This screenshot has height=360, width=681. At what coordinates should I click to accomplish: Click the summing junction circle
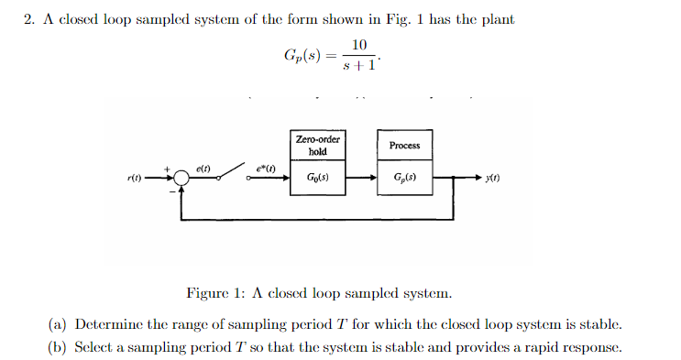coord(182,180)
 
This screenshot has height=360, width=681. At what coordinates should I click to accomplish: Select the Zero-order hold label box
coord(317,145)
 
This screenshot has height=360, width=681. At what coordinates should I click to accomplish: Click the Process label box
coord(404,145)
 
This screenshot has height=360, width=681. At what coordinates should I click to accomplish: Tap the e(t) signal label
coord(203,169)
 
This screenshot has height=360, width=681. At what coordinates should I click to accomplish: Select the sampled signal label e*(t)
coord(265,169)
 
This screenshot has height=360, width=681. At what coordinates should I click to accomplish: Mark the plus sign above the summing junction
coord(167,169)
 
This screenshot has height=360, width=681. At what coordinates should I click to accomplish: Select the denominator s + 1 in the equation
coord(358,65)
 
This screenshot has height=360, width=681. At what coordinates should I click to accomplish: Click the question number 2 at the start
coord(27,20)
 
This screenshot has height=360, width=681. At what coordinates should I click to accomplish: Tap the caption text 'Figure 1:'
coord(215,293)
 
